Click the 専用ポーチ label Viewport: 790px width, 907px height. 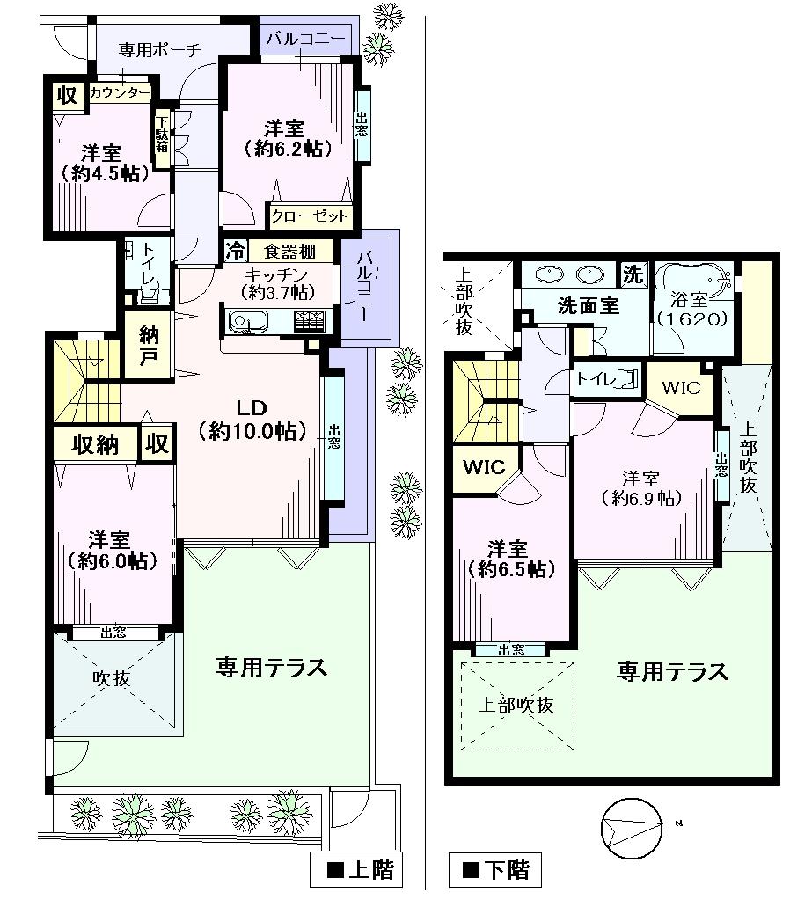pos(160,50)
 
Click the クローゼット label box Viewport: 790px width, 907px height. pos(310,216)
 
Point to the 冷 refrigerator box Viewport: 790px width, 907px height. pos(234,250)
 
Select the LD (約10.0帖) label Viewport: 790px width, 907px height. pos(252,419)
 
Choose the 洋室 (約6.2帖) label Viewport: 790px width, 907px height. pos(287,137)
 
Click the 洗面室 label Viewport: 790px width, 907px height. pos(589,306)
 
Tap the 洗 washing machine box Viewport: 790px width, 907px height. pos(633,274)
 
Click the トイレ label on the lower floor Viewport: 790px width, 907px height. pos(594,380)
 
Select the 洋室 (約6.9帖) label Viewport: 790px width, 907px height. pos(641,488)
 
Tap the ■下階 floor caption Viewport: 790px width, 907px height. pos(496,870)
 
